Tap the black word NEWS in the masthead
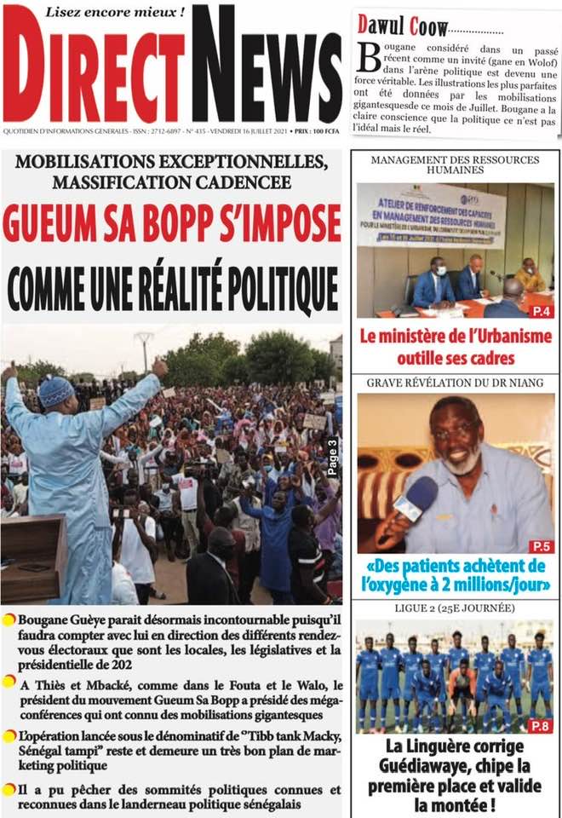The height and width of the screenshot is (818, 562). click(x=266, y=68)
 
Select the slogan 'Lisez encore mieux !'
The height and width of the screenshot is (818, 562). click(x=115, y=12)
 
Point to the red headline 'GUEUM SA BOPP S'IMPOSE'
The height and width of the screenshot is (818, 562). click(x=171, y=224)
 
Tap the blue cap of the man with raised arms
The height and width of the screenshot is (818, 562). click(x=56, y=391)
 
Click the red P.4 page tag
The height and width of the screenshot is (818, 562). click(x=542, y=311)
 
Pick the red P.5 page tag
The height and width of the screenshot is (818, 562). click(x=541, y=545)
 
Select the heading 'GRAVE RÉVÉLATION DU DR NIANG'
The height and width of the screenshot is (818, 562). click(x=455, y=383)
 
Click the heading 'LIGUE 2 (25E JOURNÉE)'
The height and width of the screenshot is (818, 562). click(x=455, y=608)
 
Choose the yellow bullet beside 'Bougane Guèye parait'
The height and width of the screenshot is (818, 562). click(x=9, y=619)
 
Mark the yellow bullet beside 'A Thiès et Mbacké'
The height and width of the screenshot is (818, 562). click(x=9, y=682)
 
